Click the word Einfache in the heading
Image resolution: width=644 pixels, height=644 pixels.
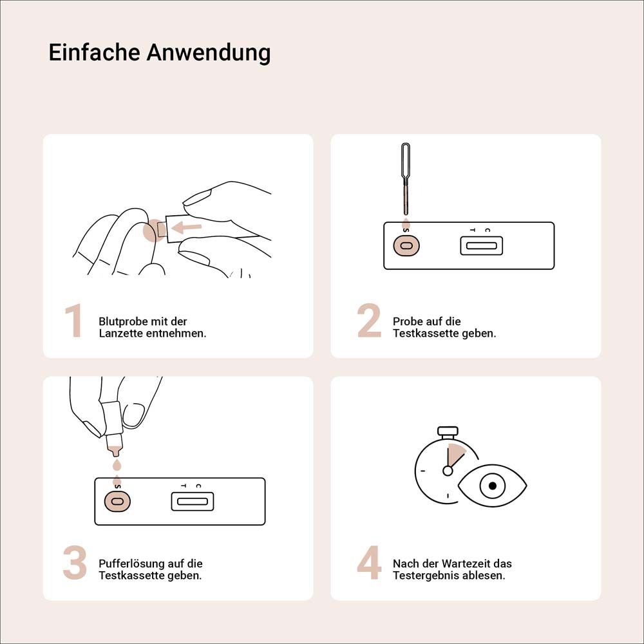pyautogui.click(x=95, y=52)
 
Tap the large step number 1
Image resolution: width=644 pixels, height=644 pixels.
pyautogui.click(x=74, y=321)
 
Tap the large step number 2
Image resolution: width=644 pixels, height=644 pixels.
pyautogui.click(x=369, y=321)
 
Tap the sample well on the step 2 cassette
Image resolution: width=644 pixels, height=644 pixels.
pyautogui.click(x=406, y=245)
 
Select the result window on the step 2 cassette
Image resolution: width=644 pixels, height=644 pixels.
pyautogui.click(x=481, y=245)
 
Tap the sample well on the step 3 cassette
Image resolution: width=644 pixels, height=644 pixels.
pyautogui.click(x=117, y=501)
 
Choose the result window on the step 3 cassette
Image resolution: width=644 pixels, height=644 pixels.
pyautogui.click(x=192, y=501)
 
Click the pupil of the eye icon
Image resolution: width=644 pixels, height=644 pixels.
pyautogui.click(x=493, y=486)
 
